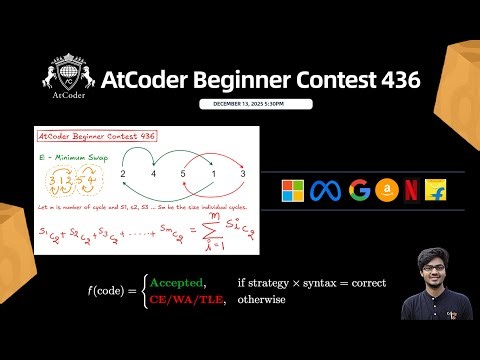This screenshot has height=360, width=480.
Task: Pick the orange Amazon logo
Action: (385, 190)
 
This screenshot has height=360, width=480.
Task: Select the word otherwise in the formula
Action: (263, 298)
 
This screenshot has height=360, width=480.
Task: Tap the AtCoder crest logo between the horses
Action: (66, 76)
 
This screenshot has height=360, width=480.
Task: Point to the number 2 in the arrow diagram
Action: (122, 173)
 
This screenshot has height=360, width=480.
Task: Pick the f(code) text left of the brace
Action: (110, 291)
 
